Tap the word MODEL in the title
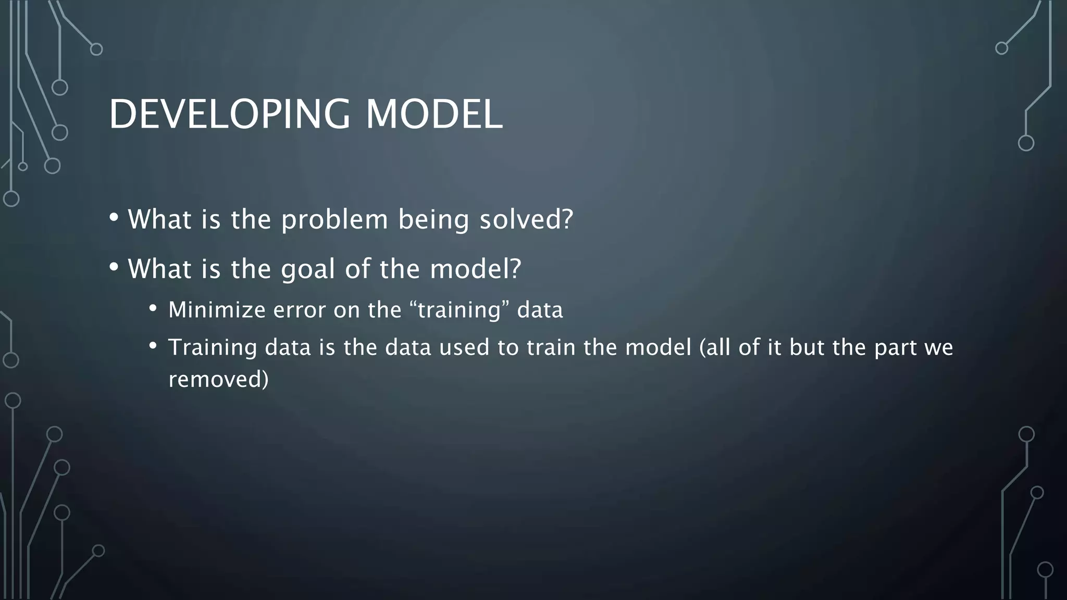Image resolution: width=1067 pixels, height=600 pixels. tap(433, 114)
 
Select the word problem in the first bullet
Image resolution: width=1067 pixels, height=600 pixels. tap(334, 219)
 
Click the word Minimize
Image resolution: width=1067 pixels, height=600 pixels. tap(217, 310)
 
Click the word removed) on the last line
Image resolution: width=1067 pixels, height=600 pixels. tap(218, 379)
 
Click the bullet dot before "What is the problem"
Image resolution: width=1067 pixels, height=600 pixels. tap(114, 217)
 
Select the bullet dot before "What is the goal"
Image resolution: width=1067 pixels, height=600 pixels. tap(114, 267)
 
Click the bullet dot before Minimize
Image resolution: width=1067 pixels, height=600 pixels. tap(152, 308)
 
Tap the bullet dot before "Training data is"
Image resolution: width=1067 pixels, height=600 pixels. tap(152, 346)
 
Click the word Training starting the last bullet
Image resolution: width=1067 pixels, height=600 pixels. tap(213, 347)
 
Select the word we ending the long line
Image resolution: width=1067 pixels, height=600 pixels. tap(938, 347)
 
